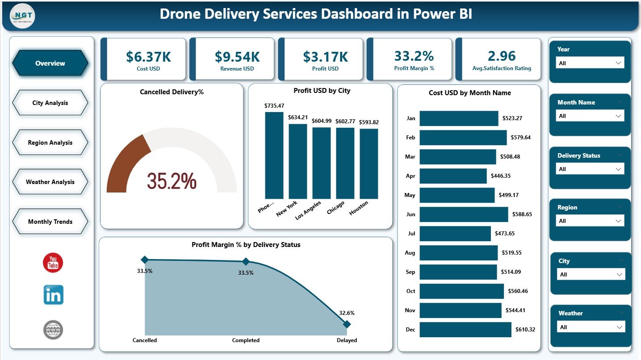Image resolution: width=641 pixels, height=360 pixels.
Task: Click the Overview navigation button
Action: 50,63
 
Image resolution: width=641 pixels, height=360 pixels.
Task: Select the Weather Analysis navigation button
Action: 50,182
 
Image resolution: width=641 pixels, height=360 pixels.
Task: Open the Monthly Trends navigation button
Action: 50,222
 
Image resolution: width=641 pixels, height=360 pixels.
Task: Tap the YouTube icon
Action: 53,263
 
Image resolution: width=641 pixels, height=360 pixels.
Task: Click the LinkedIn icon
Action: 53,295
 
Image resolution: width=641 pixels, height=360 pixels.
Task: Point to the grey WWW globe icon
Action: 53,330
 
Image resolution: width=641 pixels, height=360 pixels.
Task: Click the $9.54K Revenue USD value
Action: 237,57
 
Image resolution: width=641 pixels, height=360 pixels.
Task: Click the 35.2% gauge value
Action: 172,181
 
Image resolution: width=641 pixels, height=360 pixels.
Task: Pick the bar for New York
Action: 298,161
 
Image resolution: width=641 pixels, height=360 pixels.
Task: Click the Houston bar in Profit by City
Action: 369,163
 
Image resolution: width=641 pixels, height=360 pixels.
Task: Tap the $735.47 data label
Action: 274,106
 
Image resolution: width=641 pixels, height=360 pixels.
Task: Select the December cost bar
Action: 465,330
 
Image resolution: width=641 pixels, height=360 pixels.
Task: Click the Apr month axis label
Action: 411,176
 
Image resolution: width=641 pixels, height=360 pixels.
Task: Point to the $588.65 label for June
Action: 524,214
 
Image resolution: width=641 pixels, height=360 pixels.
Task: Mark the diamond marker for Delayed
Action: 347,324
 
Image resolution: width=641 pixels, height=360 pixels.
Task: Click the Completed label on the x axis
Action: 246,340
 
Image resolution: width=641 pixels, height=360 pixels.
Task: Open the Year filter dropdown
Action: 590,63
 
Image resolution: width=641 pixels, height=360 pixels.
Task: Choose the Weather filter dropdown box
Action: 591,327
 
